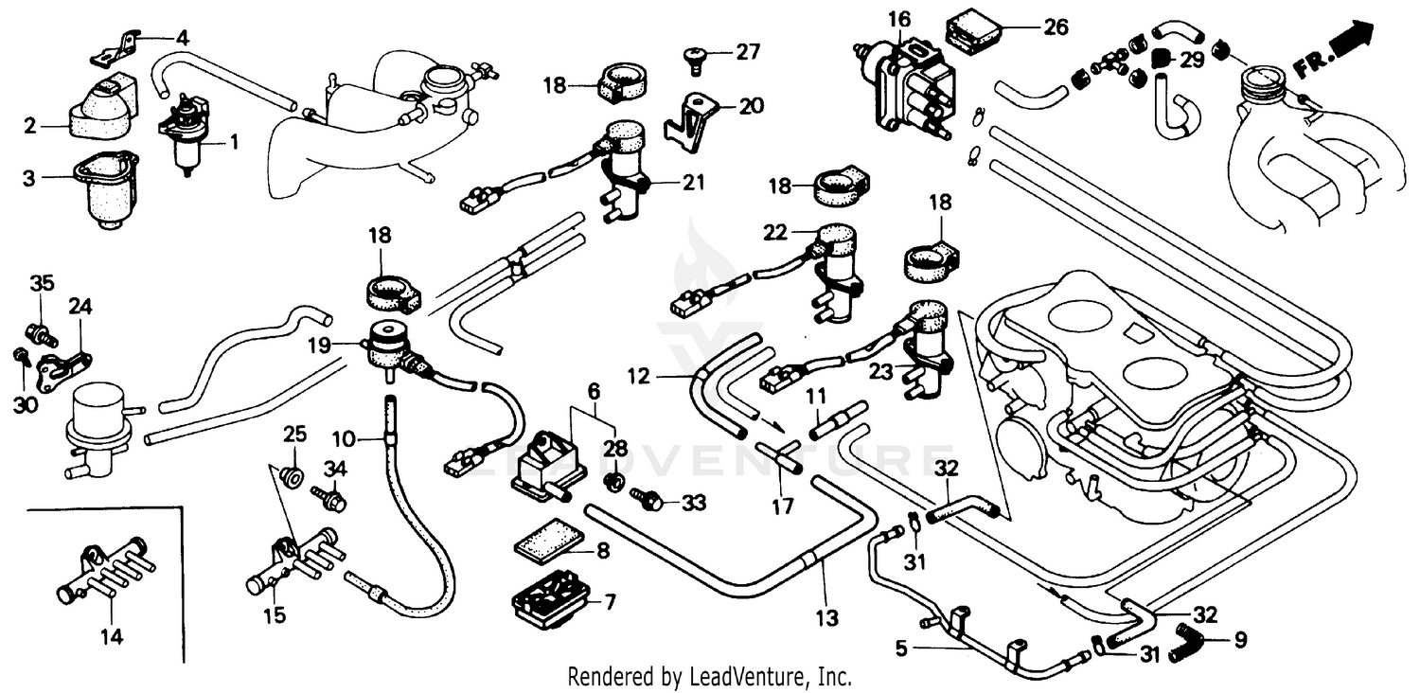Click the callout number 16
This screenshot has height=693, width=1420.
(898, 17)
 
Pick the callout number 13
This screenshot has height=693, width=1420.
(826, 618)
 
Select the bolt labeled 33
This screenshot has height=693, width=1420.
(651, 499)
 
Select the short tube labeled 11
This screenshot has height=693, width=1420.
(838, 421)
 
